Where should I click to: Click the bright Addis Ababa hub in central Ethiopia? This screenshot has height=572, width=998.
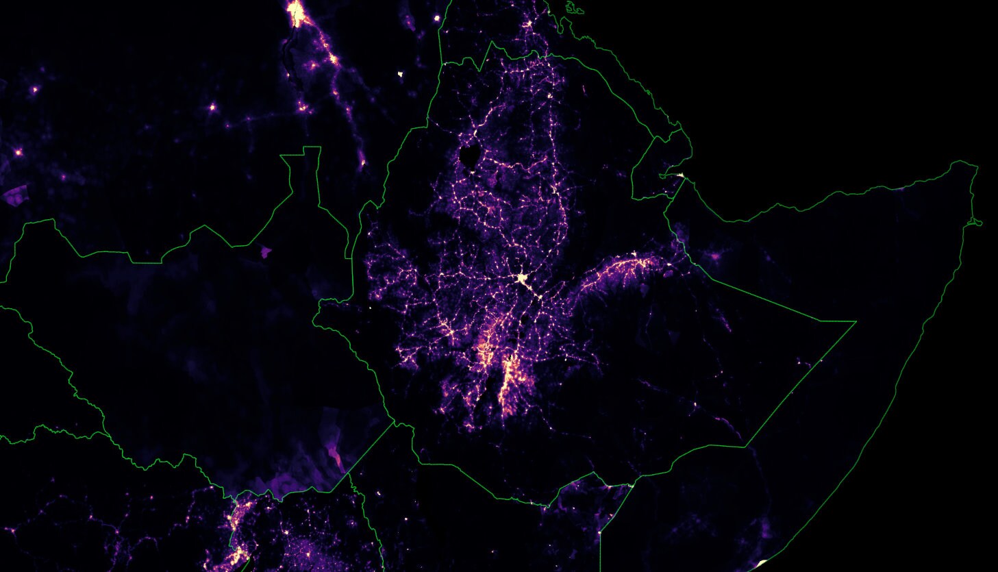tap(523, 278)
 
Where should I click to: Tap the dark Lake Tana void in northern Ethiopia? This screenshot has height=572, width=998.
tap(470, 156)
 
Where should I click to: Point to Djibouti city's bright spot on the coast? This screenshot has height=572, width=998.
tap(680, 175)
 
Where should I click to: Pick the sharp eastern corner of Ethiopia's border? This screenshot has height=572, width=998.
tap(856, 321)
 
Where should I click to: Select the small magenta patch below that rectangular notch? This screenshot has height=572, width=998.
tap(266, 252)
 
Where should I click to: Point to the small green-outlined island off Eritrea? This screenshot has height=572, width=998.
tap(573, 8)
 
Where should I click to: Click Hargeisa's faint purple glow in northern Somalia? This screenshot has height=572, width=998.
tap(716, 257)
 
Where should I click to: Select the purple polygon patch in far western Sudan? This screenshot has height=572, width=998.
tap(15, 195)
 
